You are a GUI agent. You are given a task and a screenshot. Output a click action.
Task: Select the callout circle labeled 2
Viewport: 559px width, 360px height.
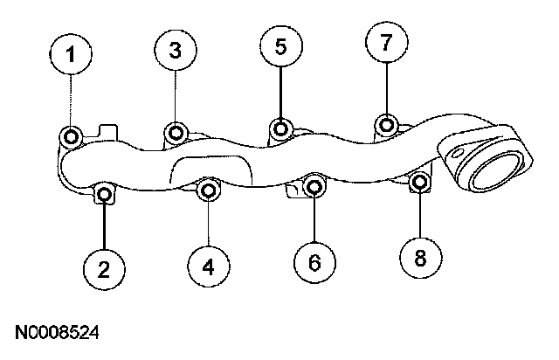click(x=104, y=268)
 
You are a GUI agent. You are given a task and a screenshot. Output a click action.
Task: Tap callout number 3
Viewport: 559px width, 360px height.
click(x=175, y=51)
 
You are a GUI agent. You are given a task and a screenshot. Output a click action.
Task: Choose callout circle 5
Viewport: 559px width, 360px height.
click(x=279, y=47)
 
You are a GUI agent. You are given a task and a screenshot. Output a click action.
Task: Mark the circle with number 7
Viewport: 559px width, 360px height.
click(x=386, y=41)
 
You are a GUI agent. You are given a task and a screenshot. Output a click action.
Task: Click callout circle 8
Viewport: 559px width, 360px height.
click(x=419, y=258)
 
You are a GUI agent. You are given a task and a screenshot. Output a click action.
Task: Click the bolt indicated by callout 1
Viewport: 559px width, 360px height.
click(x=72, y=135)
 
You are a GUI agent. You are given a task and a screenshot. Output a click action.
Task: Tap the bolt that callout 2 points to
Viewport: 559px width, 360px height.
click(x=104, y=193)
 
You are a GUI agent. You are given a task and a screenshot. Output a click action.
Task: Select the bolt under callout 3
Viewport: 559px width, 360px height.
click(x=176, y=133)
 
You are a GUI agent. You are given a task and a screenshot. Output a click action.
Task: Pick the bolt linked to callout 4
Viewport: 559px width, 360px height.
click(x=209, y=189)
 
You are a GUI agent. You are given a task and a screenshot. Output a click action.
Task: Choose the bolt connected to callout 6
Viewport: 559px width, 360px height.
click(x=315, y=185)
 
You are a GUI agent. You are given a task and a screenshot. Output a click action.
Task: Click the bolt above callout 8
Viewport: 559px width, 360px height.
click(x=419, y=182)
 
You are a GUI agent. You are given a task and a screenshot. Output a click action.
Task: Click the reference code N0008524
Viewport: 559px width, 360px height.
click(x=57, y=332)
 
